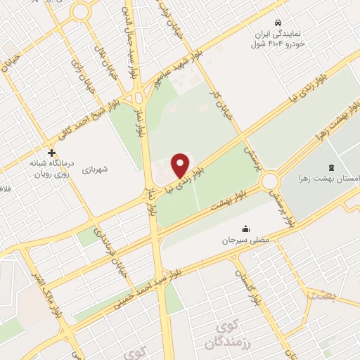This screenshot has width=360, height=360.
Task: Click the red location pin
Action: point(181,165)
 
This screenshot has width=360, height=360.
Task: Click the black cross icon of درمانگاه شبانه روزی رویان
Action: point(51,152)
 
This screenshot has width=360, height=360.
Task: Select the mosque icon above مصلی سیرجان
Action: point(245,228)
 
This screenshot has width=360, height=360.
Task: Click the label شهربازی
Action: point(94,169)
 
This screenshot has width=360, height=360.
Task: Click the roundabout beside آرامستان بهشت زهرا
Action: point(270,181)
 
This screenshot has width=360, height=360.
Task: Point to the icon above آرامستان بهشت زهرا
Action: point(332,167)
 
